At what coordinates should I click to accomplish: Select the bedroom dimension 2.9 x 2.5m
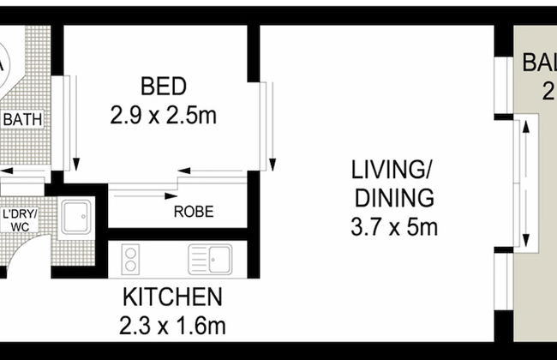164,115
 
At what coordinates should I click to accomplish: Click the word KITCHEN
173,297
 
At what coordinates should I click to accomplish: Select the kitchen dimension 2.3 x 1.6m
174,326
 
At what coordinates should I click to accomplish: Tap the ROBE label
194,212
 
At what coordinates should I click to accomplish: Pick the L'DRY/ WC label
18,218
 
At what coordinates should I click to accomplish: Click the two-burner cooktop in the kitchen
131,258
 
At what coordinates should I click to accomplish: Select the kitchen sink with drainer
210,258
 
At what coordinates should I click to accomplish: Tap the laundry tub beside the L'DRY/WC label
76,216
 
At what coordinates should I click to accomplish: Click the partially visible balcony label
539,77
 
